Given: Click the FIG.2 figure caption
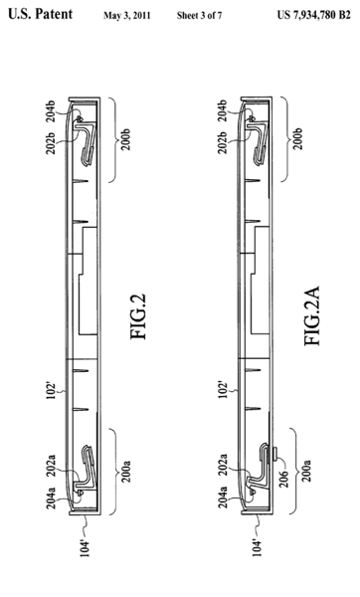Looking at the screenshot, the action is click(x=137, y=316).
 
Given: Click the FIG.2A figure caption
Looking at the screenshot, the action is click(x=312, y=315).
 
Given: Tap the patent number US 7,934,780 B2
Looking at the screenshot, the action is click(x=313, y=15).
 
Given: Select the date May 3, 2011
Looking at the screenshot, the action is click(x=126, y=16).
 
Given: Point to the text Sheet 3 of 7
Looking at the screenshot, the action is click(x=199, y=16).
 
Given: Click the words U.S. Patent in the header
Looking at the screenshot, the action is click(x=41, y=14).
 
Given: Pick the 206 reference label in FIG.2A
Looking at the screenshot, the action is click(x=283, y=479).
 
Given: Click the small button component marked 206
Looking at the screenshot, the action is click(x=274, y=455).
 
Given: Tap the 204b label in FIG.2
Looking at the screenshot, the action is click(x=51, y=110).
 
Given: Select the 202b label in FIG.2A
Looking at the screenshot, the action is click(x=223, y=142).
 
